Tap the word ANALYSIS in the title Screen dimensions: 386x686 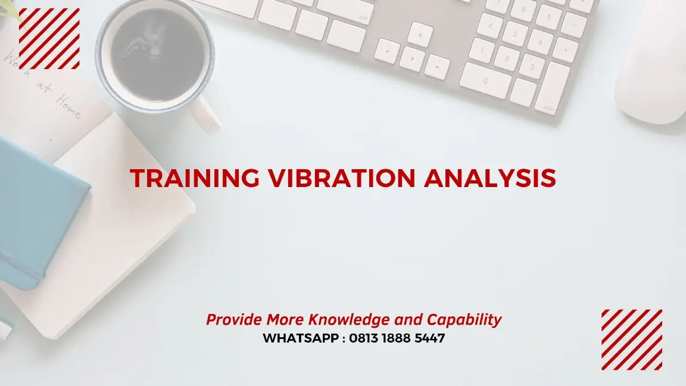[490, 179]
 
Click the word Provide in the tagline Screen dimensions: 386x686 [234, 320]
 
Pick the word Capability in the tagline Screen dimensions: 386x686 [464, 320]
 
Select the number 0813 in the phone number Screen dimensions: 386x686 [366, 338]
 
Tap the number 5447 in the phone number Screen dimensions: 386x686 [431, 338]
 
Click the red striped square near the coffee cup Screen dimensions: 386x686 [49, 39]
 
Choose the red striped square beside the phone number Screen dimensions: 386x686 [631, 340]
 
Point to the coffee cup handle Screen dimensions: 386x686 [208, 116]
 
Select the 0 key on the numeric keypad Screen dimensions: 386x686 [485, 80]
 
